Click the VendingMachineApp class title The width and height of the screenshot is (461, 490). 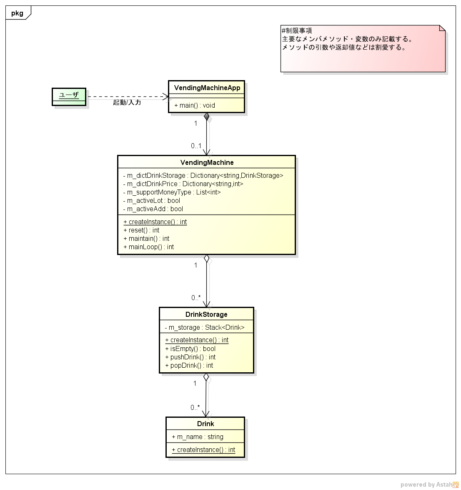pyautogui.click(x=207, y=88)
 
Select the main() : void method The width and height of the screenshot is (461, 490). pyautogui.click(x=195, y=105)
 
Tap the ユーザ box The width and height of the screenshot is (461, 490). pyautogui.click(x=69, y=95)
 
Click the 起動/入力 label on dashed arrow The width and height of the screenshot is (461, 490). pyautogui.click(x=127, y=102)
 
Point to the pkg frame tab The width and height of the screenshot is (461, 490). pyautogui.click(x=18, y=13)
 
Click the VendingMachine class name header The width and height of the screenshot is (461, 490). pyautogui.click(x=207, y=162)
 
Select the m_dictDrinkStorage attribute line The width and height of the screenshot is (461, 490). pyautogui.click(x=203, y=175)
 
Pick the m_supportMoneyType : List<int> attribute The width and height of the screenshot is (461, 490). pyautogui.click(x=172, y=192)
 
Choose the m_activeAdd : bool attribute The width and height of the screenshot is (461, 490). pyautogui.click(x=153, y=209)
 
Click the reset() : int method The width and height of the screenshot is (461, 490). pyautogui.click(x=141, y=230)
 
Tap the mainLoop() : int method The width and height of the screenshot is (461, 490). pyautogui.click(x=148, y=247)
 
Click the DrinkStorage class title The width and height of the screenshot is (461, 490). pyautogui.click(x=206, y=314)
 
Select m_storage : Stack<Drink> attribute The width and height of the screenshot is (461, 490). pyautogui.click(x=204, y=327)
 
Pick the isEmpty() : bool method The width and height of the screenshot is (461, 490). pyautogui.click(x=190, y=349)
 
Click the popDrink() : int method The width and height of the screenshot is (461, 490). pyautogui.click(x=189, y=365)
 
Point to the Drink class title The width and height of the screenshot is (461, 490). pyautogui.click(x=205, y=424)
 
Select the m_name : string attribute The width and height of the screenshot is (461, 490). pyautogui.click(x=198, y=437)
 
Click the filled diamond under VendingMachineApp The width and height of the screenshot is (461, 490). pyautogui.click(x=206, y=117)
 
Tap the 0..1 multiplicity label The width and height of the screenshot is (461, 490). pyautogui.click(x=196, y=146)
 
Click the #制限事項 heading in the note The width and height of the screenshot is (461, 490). pyautogui.click(x=297, y=30)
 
